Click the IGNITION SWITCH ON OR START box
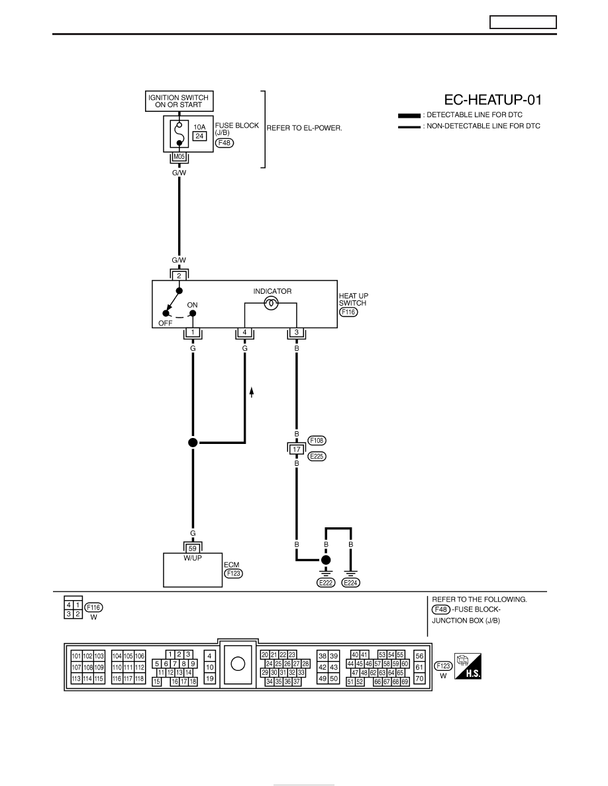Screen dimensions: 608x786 [179, 101]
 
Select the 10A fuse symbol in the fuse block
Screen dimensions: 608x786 [179, 134]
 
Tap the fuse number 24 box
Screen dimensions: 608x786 [199, 136]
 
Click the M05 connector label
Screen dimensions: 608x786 [179, 157]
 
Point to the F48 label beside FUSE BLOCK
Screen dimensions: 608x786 [225, 143]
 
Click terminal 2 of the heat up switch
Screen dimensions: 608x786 [179, 276]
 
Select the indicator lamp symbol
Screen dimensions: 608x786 [271, 303]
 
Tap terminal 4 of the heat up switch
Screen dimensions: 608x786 [245, 332]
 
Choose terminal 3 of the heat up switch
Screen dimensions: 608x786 [297, 332]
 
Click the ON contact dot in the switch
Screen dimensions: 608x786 [193, 314]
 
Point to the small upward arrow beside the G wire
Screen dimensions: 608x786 [252, 392]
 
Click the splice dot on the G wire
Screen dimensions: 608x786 [193, 442]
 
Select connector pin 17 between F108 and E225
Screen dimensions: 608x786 [297, 449]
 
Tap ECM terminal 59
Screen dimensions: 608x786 [193, 549]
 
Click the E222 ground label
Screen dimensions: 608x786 [326, 582]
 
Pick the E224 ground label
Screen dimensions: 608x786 [350, 582]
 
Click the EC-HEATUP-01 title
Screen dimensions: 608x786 [493, 100]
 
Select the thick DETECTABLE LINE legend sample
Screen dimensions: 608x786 [409, 116]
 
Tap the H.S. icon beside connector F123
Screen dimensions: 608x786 [468, 666]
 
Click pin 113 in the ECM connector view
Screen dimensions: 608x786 [76, 679]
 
